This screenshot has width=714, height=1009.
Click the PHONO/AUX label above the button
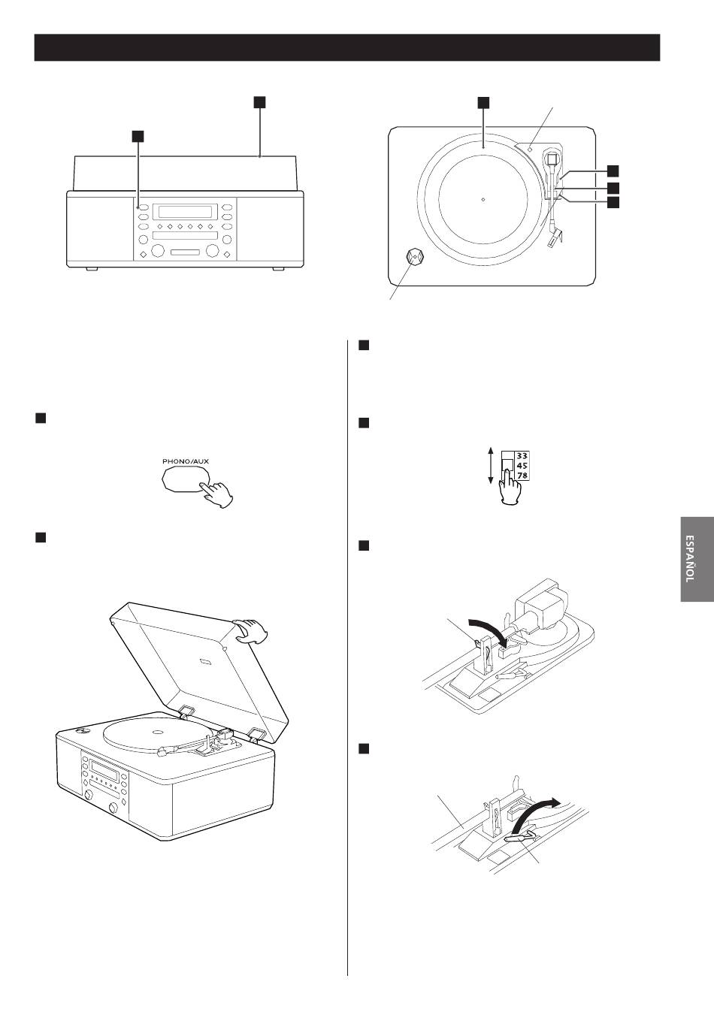[x=186, y=461]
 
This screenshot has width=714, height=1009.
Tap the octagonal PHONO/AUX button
[x=185, y=480]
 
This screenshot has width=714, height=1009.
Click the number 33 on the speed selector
[x=522, y=455]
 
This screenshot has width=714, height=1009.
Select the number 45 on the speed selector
[x=522, y=466]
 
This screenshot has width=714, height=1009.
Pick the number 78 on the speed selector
[x=522, y=476]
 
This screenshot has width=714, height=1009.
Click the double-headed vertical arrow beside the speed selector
[x=491, y=466]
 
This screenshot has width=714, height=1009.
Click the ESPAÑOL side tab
[x=697, y=558]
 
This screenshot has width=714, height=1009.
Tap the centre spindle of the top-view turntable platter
[x=483, y=199]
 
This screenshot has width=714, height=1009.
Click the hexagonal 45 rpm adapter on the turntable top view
[x=414, y=257]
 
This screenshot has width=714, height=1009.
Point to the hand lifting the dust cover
[x=251, y=630]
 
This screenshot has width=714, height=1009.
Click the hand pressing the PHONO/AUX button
[x=217, y=495]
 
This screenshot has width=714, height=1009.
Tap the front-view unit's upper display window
[x=185, y=211]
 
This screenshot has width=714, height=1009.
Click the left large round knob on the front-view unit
[x=157, y=250]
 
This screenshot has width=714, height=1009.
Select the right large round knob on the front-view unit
[x=212, y=250]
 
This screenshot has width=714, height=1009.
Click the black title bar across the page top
[x=347, y=47]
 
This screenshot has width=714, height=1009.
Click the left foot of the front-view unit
[x=92, y=269]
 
